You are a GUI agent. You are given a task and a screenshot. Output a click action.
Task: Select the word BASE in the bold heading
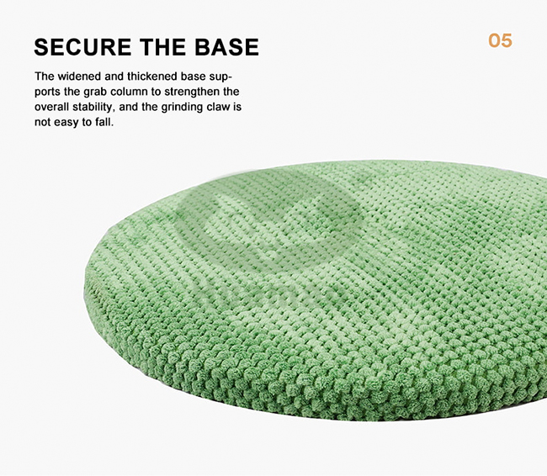[226, 47]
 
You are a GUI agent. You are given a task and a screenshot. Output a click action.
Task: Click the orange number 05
[500, 41]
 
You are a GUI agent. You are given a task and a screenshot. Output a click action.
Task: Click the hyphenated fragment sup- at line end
[220, 77]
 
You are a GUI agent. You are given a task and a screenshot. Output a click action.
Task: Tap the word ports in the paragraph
[48, 93]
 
